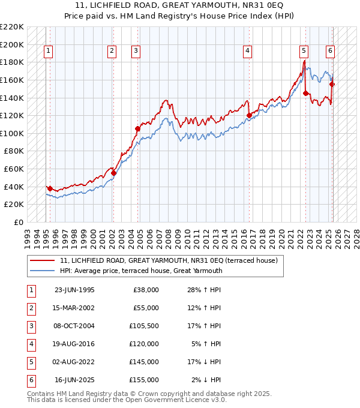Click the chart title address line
(x=181, y=5)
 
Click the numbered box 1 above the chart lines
(x=48, y=52)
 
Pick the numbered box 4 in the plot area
(x=247, y=52)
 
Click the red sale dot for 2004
(x=138, y=128)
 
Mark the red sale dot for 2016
(x=249, y=115)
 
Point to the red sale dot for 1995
(x=49, y=188)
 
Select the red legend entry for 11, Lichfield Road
(x=169, y=261)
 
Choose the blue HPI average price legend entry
(x=141, y=271)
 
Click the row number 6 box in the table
(x=31, y=380)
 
